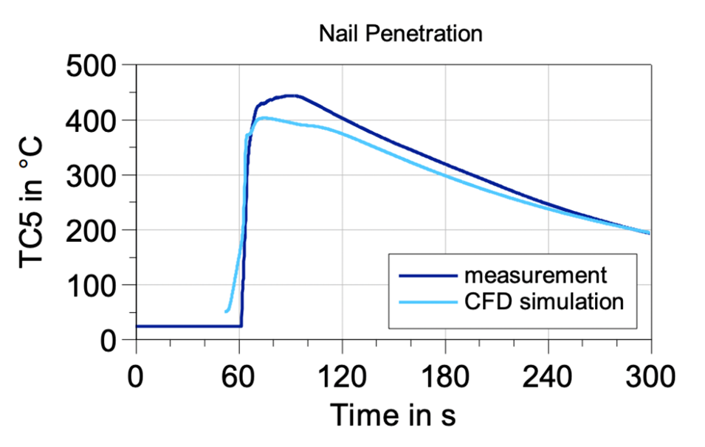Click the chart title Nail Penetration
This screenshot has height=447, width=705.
(x=400, y=33)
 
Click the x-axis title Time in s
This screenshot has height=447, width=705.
(x=393, y=415)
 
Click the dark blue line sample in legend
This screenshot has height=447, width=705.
(x=427, y=277)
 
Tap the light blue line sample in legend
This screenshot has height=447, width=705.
(x=427, y=302)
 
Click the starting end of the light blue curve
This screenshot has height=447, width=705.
(x=227, y=311)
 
